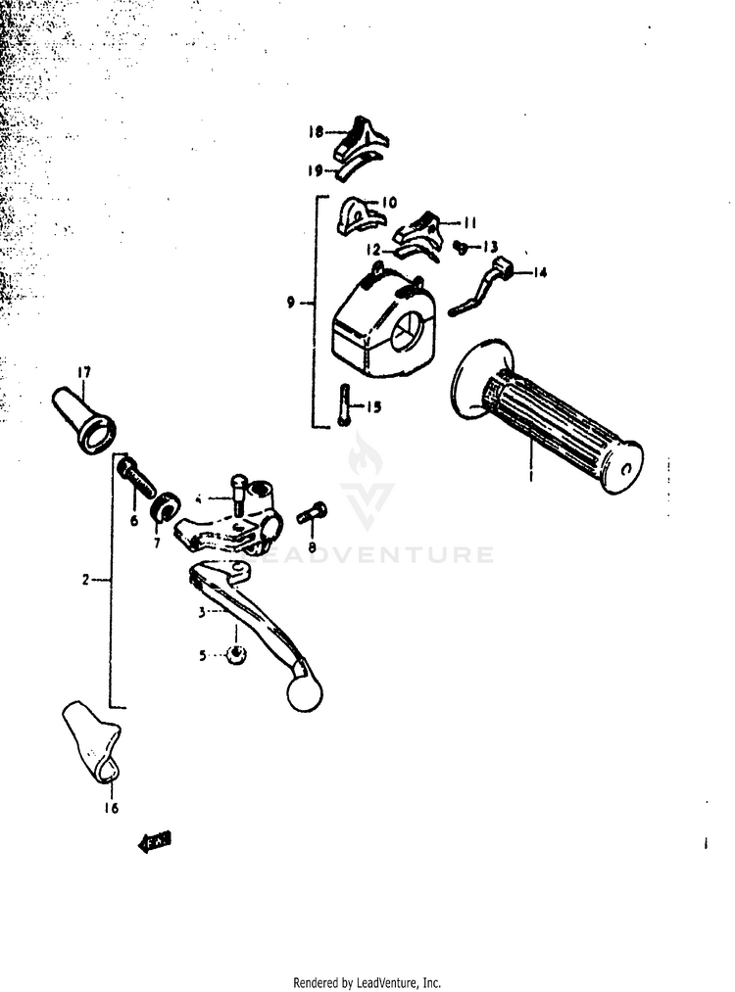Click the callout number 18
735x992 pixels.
pos(317,131)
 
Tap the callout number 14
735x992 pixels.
pos(540,273)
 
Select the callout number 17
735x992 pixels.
pos(84,372)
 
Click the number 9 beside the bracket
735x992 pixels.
pos(291,303)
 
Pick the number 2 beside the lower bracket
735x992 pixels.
pos(86,580)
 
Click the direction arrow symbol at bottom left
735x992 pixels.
pos(155,840)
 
